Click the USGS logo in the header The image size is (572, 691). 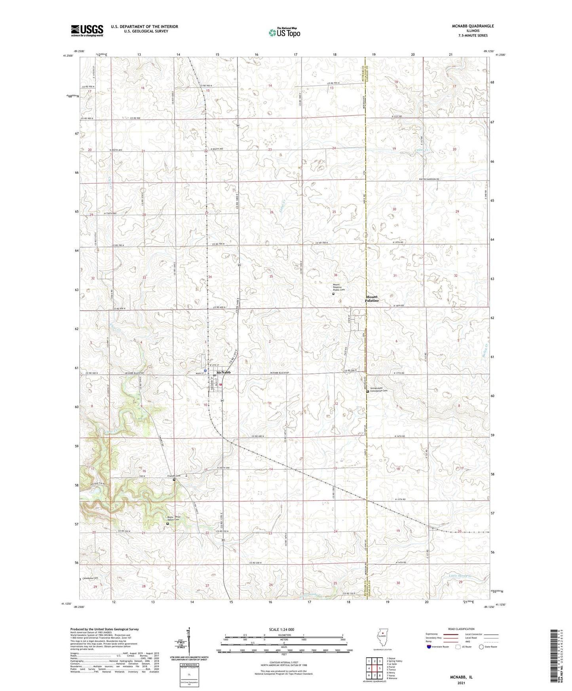pyautogui.click(x=87, y=30)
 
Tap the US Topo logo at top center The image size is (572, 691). pyautogui.click(x=284, y=32)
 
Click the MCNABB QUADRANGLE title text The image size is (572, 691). pyautogui.click(x=473, y=26)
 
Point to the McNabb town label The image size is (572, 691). pyautogui.click(x=224, y=372)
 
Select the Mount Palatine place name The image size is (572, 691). pyautogui.click(x=372, y=298)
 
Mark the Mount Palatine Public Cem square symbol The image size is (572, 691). pyautogui.click(x=333, y=294)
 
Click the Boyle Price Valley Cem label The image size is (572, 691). pyautogui.click(x=174, y=518)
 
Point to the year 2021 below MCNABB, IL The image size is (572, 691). pyautogui.click(x=461, y=683)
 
